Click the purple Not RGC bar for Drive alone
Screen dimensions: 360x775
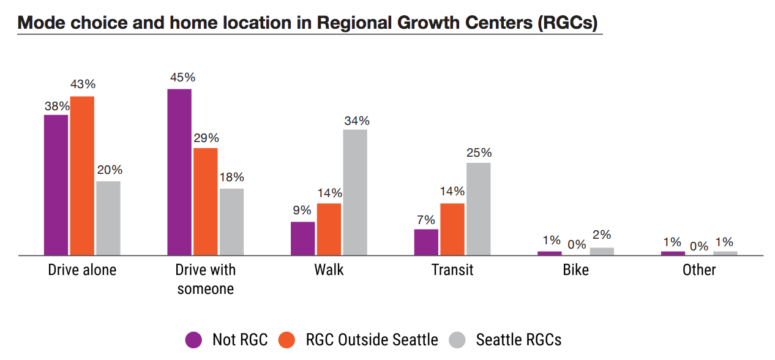coord(56,184)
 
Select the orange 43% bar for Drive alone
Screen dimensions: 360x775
coord(82,175)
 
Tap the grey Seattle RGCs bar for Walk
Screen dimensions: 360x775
coord(355,192)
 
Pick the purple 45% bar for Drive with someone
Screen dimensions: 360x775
coord(179,171)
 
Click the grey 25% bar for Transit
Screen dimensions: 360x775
coord(478,209)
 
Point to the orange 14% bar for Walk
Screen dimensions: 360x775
coord(329,229)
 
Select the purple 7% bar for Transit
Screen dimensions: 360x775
coord(426,242)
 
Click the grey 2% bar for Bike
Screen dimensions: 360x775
coord(602,251)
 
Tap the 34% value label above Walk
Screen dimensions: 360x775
coord(356,121)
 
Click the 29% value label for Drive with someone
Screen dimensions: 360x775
coord(206,139)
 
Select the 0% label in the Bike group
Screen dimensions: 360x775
coord(577,245)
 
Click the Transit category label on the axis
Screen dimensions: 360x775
coord(452,270)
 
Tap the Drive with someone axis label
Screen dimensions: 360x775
coord(205,279)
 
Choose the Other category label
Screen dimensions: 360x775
coord(699,270)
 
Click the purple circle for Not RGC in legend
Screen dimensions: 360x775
coord(193,340)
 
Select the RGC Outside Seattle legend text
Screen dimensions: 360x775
coord(372,340)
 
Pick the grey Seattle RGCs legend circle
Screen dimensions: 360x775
coord(457,340)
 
